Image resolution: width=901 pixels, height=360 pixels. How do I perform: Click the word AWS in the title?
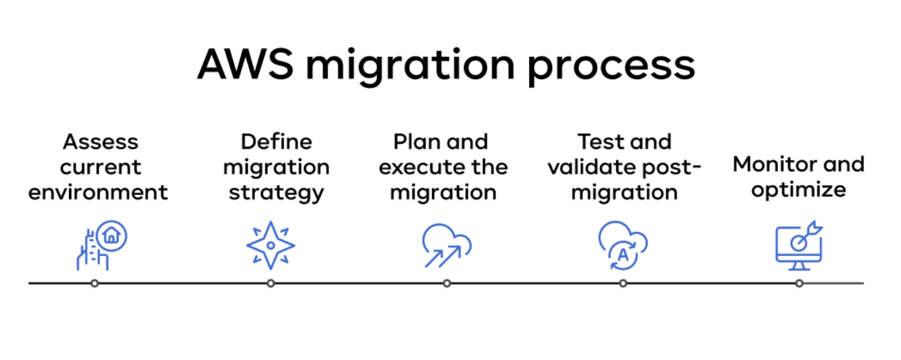point(246,64)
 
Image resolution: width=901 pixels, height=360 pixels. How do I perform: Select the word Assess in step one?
point(101,141)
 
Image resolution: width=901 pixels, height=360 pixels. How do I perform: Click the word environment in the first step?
point(98,191)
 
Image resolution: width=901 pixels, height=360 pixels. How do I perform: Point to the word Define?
point(277,141)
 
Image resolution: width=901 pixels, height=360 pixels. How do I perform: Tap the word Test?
point(600,141)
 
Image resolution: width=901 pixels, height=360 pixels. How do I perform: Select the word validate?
point(590,167)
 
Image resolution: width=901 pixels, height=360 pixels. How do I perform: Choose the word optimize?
point(799,190)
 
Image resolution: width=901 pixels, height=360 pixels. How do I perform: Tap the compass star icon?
point(271,245)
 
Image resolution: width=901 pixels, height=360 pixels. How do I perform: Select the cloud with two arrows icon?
point(447,245)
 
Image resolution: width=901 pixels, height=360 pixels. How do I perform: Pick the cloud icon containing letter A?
point(623,245)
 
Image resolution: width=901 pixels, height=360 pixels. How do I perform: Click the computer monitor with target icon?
point(799,246)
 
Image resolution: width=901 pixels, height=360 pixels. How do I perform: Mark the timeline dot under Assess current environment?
point(94,283)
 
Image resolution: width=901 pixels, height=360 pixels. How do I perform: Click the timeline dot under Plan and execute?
point(447,283)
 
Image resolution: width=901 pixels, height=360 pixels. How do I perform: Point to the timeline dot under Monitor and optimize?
point(799,283)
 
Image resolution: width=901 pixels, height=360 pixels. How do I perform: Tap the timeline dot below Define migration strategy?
point(271,283)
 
